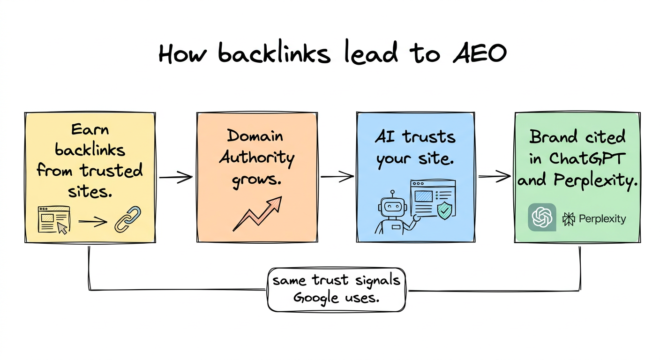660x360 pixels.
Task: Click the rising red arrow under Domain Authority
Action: [x=257, y=214]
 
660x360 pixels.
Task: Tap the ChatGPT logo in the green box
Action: [x=542, y=217]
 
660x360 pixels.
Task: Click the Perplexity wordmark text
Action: [x=602, y=219]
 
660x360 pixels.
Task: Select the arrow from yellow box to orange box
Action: [x=176, y=177]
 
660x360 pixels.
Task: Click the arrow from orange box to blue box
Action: [x=337, y=177]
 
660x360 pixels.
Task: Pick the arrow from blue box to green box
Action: [x=494, y=177]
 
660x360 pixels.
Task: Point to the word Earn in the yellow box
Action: [x=90, y=129]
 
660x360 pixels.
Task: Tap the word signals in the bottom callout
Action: [x=377, y=280]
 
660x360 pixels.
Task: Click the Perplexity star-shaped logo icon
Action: [x=569, y=219]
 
